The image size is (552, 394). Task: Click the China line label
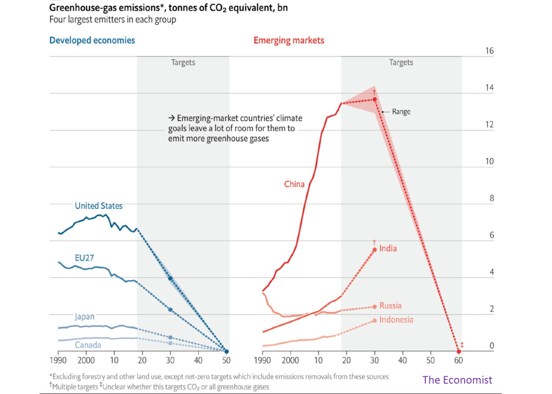(294, 184)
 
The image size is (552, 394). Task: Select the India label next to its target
(388, 249)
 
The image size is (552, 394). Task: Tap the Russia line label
(390, 305)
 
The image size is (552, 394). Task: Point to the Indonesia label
(396, 320)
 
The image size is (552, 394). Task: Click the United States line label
(99, 206)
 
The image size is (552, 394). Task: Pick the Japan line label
(85, 317)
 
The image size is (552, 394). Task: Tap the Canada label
(87, 345)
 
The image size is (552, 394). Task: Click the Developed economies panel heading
(92, 40)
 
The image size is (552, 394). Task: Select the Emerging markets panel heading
(289, 40)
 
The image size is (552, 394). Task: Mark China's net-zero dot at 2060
(458, 351)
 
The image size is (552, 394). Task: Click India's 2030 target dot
(374, 249)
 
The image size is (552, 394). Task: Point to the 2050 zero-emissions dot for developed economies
(226, 351)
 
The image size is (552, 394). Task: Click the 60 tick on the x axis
(458, 360)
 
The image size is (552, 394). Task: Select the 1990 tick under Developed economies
(58, 360)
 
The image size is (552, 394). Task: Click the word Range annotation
(401, 112)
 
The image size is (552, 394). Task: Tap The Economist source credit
(457, 380)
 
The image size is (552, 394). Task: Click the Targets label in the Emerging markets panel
(401, 63)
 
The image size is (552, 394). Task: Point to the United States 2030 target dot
(170, 278)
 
